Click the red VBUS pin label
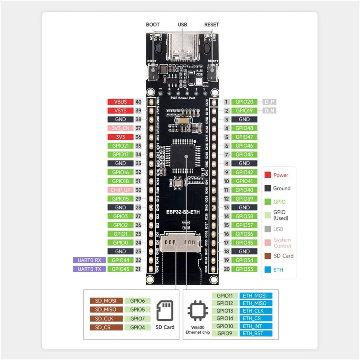pyautogui.click(x=120, y=102)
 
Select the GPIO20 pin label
pyautogui.click(x=244, y=102)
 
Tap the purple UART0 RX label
pyautogui.click(x=89, y=260)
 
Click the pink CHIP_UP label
pyautogui.click(x=120, y=190)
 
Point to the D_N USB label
pyautogui.click(x=269, y=111)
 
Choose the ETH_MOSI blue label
pyautogui.click(x=256, y=295)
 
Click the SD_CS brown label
pyautogui.click(x=106, y=327)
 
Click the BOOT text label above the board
pyautogui.click(x=153, y=25)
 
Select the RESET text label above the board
pyautogui.click(x=211, y=25)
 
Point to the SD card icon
pyautogui.click(x=165, y=311)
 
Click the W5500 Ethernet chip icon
pyautogui.click(x=198, y=310)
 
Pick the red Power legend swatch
pyautogui.click(x=268, y=175)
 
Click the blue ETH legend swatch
pyautogui.click(x=268, y=270)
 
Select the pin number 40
pyautogui.click(x=138, y=102)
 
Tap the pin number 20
pyautogui.click(x=226, y=269)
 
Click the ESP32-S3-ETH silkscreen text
pyautogui.click(x=183, y=212)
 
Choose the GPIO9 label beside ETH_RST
pyautogui.click(x=225, y=333)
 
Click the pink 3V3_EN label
pyautogui.click(x=120, y=128)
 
